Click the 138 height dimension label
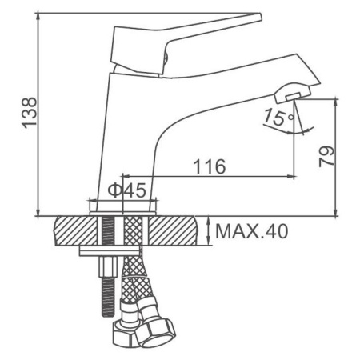(29, 113)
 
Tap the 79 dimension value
(326, 157)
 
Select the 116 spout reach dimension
(210, 166)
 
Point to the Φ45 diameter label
(127, 190)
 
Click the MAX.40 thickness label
(252, 231)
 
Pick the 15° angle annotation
(278, 117)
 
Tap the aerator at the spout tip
(293, 94)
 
